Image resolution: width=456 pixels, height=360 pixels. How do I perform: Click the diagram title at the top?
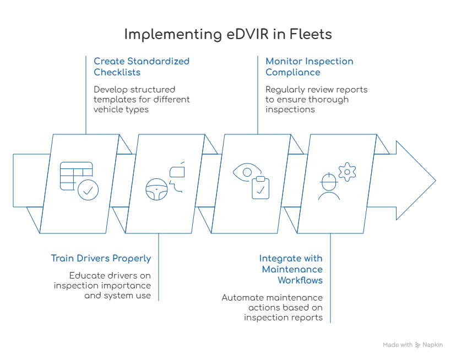point(228,34)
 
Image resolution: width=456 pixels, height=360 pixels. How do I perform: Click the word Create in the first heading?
point(105,62)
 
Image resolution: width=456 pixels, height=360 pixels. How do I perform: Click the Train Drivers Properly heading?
point(102,258)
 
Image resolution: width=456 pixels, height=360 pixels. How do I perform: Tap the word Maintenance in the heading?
point(293,269)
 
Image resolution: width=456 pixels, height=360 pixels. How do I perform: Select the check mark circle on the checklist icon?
point(88,190)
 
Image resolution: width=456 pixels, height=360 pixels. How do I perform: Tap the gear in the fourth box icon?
point(347,172)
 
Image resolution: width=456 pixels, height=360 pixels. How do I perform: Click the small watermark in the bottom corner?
point(413,342)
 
